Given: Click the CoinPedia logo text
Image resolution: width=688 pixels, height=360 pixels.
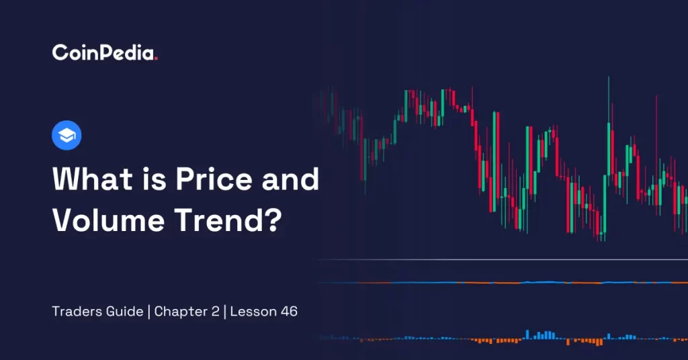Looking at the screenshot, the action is (x=104, y=52).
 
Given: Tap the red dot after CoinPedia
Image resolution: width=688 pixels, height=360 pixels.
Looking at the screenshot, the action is (x=156, y=58).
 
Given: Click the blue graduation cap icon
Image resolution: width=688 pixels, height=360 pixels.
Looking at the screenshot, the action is (x=67, y=135).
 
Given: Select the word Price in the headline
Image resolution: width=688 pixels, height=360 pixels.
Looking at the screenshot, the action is (x=214, y=179).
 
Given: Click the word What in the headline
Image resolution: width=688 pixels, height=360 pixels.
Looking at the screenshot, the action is (x=92, y=179).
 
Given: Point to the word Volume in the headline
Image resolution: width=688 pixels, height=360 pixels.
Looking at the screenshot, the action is (x=108, y=220).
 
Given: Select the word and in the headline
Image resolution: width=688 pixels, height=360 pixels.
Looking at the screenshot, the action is (x=290, y=179).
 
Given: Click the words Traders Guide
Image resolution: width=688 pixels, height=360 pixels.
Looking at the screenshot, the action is (x=97, y=312).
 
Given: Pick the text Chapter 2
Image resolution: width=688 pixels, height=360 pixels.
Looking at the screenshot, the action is (x=187, y=312).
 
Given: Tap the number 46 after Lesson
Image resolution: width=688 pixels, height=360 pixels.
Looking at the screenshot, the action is (x=289, y=312).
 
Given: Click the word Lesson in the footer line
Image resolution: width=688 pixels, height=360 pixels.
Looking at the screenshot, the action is (x=253, y=312).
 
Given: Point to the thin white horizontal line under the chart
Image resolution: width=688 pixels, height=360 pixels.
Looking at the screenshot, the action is (x=502, y=259).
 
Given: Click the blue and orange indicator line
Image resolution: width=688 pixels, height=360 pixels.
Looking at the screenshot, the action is (x=502, y=283).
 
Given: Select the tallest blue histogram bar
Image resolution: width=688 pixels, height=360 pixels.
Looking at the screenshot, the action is (x=527, y=334).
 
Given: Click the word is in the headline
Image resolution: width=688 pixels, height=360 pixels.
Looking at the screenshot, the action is (x=154, y=179).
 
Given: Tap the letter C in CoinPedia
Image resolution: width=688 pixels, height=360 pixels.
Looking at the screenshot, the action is (x=60, y=52).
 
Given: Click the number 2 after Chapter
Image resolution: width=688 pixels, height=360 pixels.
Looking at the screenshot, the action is (x=215, y=312).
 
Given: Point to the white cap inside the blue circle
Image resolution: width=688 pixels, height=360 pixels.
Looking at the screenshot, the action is (x=67, y=136).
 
